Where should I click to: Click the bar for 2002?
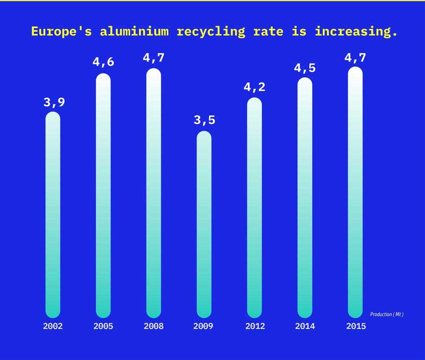(x=53, y=215)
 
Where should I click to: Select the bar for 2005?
(x=103, y=196)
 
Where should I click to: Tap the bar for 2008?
(x=153, y=193)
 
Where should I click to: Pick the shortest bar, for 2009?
(x=204, y=224)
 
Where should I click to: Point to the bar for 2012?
(x=254, y=208)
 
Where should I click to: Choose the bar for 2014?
(x=304, y=198)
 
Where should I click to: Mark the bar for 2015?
(x=355, y=192)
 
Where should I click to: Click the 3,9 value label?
(x=54, y=103)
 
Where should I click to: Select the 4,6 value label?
(x=103, y=62)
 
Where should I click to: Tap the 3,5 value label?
(x=204, y=120)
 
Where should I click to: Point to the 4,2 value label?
(x=254, y=87)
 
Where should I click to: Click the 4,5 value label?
(x=305, y=68)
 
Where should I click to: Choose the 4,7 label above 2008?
(x=154, y=57)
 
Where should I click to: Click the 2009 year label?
(x=203, y=326)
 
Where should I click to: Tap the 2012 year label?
(x=255, y=326)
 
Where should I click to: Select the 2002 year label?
(x=53, y=326)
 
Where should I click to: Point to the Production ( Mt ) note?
(x=387, y=314)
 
